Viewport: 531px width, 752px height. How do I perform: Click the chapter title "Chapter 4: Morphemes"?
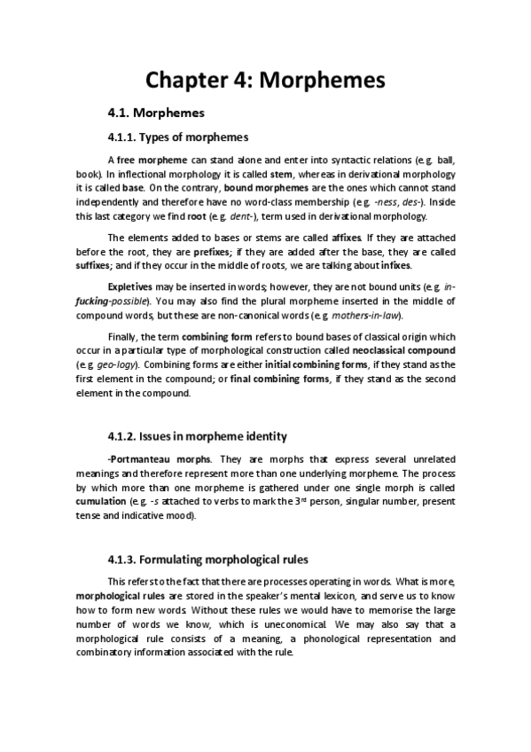pos(265,80)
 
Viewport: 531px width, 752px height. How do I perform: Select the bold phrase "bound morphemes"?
pos(262,189)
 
